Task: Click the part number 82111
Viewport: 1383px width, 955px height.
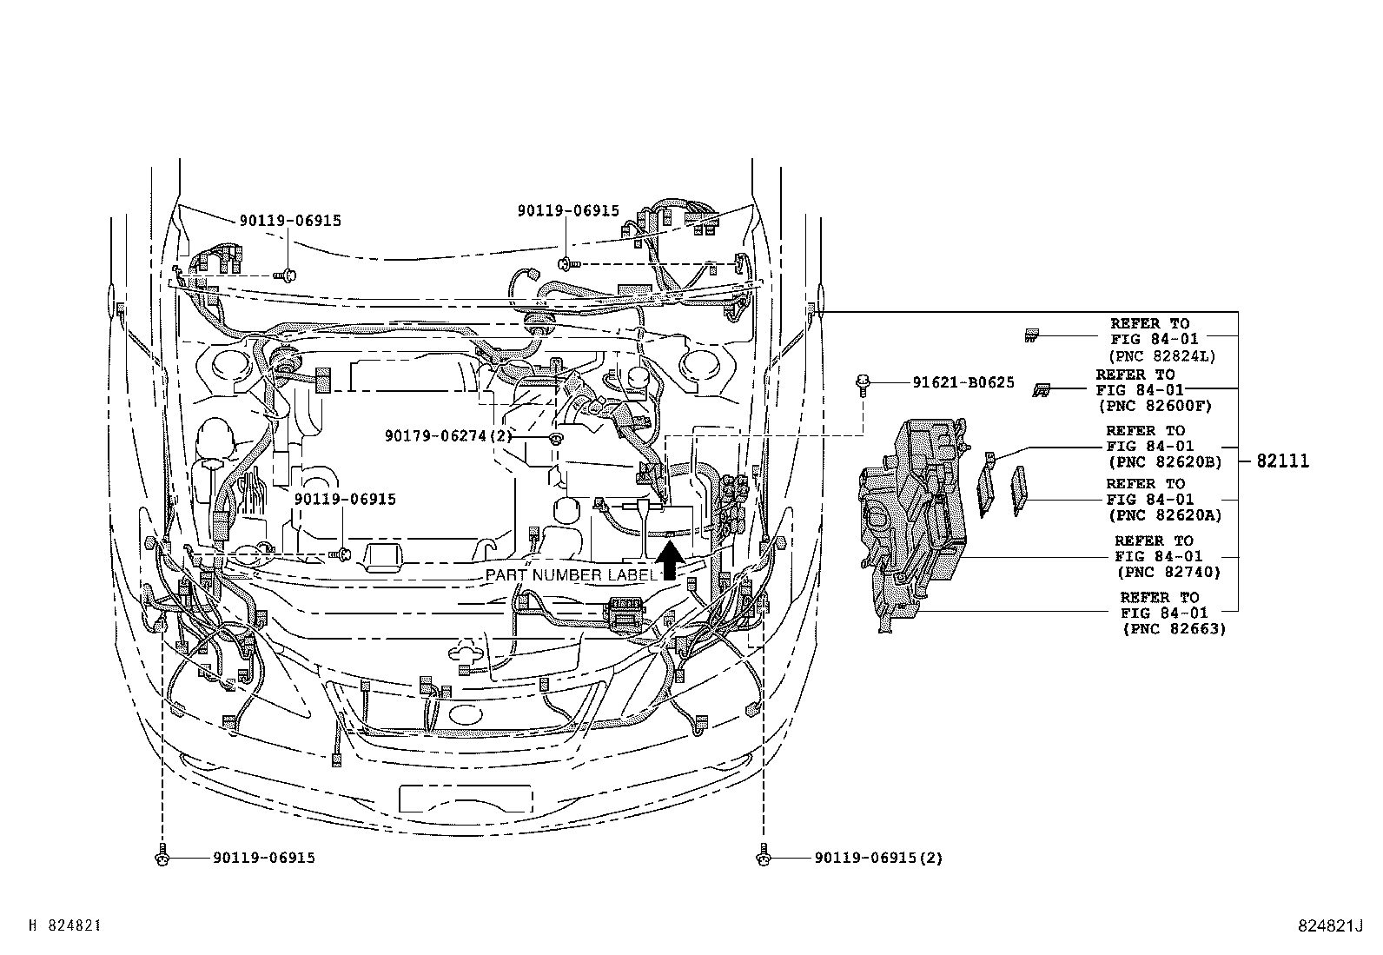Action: click(x=1282, y=461)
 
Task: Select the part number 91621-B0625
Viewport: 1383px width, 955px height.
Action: click(x=963, y=382)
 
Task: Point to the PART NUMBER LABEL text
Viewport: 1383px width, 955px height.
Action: click(x=571, y=575)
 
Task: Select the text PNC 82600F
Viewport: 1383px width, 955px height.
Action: click(x=1154, y=406)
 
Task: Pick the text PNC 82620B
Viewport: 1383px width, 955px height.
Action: click(x=1163, y=462)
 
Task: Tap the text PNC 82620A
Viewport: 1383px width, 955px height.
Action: click(x=1163, y=515)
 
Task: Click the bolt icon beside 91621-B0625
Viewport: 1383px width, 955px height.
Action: click(x=864, y=384)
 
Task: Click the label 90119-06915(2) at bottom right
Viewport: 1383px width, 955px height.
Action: click(x=878, y=858)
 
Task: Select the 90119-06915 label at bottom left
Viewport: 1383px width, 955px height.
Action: click(x=263, y=858)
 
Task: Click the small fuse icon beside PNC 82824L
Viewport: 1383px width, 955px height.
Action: click(x=1031, y=335)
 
